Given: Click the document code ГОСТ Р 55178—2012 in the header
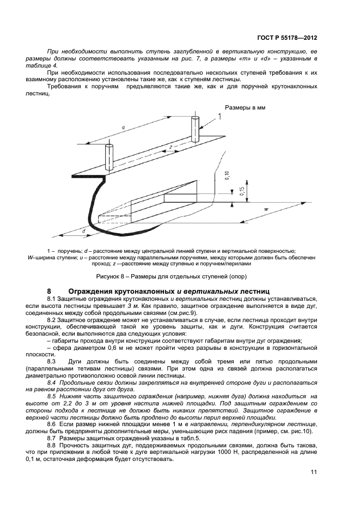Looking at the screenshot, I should pyautogui.click(x=286, y=39).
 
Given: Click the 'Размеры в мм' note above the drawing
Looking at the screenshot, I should pyautogui.click(x=245, y=108).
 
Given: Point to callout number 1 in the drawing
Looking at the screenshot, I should pyautogui.click(x=220, y=116).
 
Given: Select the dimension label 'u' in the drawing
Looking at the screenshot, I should pyautogui.click(x=123, y=127).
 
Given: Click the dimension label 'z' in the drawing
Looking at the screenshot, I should pyautogui.click(x=170, y=147).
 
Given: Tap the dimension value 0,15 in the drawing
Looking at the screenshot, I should pyautogui.click(x=241, y=189).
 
